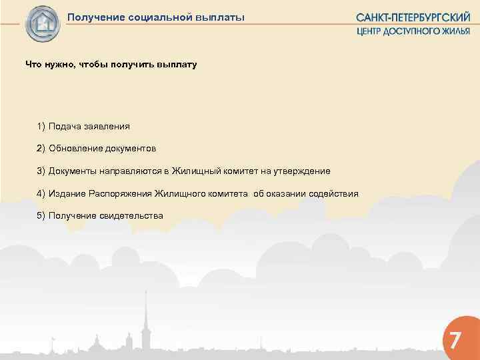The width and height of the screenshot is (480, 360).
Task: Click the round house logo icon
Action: coord(43,24)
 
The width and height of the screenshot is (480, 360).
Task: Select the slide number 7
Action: coord(454,340)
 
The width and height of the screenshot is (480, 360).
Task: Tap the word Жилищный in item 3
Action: coord(195,171)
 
